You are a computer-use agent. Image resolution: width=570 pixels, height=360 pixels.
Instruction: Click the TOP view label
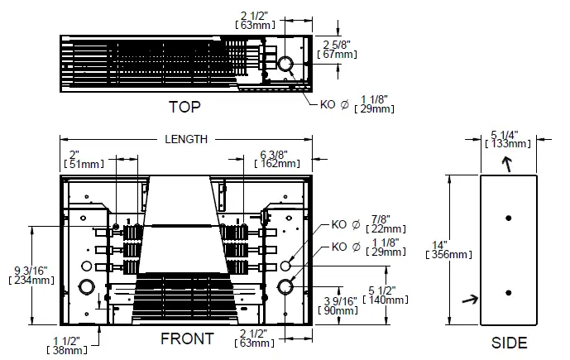click(x=184, y=108)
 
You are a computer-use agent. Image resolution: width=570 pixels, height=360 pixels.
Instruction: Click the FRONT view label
click(x=186, y=338)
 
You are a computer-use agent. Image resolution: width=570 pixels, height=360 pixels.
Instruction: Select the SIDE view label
click(x=509, y=343)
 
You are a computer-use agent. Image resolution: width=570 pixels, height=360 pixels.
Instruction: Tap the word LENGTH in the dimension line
click(x=185, y=140)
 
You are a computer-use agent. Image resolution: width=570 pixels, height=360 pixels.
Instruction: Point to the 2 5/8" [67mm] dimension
click(x=337, y=48)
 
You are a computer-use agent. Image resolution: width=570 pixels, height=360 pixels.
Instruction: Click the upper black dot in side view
click(x=509, y=217)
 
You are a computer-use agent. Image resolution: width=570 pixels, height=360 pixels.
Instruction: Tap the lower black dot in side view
click(x=509, y=291)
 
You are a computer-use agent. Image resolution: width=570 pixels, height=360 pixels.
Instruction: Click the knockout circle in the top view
click(x=285, y=64)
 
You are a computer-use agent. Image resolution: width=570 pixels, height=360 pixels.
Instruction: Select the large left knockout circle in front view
click(x=85, y=287)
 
